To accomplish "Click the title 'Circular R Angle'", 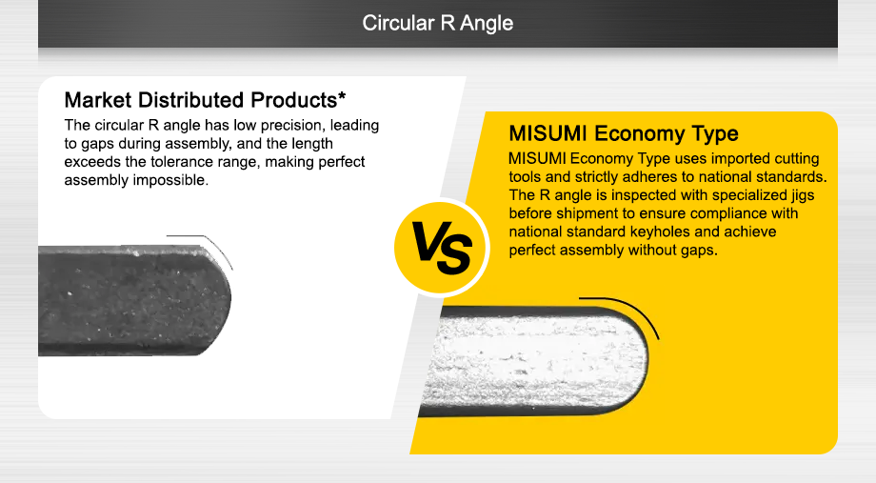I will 437,23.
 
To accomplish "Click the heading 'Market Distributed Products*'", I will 205,100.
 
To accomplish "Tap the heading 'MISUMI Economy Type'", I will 624,132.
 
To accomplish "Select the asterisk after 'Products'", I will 341,96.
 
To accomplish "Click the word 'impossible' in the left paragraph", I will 175,180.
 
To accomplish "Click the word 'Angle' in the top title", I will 487,23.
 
